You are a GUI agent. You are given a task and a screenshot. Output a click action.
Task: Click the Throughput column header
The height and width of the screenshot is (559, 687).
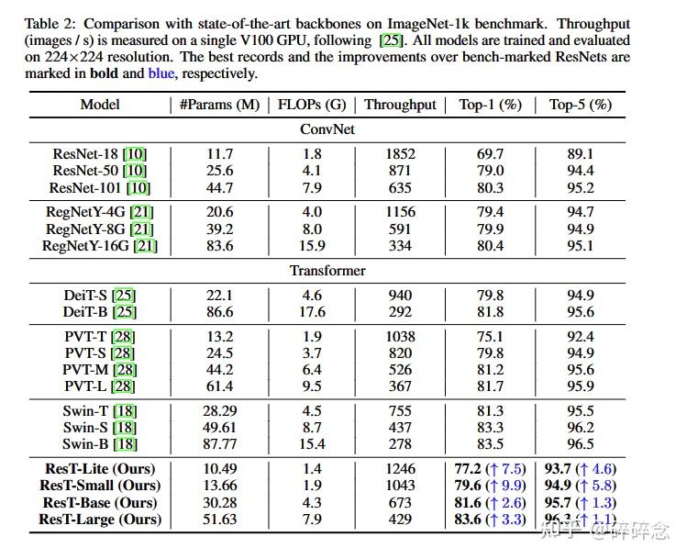pos(400,105)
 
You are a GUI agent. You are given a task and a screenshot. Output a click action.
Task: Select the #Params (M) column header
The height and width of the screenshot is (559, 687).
pos(220,105)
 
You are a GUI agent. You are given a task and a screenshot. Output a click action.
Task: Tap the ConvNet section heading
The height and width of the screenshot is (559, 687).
pos(327,129)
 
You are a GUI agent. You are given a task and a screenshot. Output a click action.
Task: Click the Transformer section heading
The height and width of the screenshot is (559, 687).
pos(327,271)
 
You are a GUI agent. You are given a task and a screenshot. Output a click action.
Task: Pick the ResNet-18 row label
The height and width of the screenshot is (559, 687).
pos(101,153)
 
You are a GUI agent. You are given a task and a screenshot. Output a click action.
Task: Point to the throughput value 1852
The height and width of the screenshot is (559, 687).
pos(400,153)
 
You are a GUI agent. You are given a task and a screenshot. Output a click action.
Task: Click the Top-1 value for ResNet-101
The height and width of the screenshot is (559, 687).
pos(490,188)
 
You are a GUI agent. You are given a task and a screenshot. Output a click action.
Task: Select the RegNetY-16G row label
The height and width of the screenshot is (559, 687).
pos(100,246)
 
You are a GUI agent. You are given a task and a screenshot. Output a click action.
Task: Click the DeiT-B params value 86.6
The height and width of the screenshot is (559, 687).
pos(220,312)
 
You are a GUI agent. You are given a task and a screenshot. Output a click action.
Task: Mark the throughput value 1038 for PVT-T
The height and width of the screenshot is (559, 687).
pos(400,336)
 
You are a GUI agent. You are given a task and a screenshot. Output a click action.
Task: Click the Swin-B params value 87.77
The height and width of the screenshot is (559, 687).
pos(220,444)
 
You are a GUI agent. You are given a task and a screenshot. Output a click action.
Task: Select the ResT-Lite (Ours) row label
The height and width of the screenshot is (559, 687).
pos(100,468)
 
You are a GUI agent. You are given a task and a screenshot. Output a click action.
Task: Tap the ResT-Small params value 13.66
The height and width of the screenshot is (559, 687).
pos(220,486)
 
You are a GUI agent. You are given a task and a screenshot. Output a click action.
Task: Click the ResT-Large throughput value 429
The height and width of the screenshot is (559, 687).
pos(400,520)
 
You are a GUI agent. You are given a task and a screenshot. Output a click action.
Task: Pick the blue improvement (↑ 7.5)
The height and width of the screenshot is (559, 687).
pos(504,468)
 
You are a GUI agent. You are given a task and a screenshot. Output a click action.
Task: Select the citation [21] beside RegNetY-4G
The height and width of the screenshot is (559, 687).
pos(142,212)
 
